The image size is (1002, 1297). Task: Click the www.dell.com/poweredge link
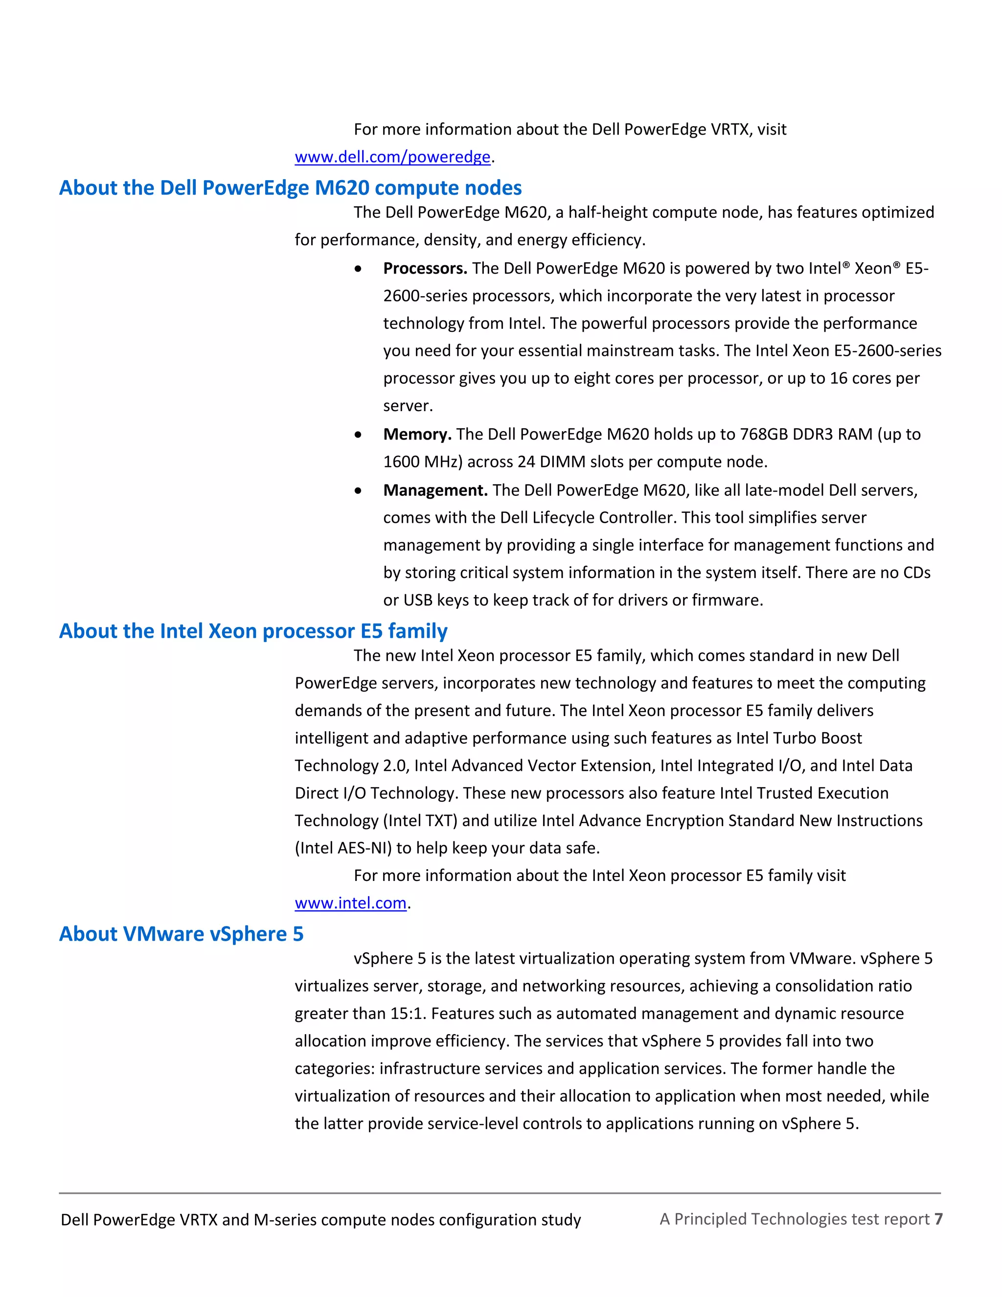392,157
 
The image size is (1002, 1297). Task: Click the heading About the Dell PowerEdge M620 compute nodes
290,187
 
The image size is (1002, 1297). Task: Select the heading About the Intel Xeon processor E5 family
253,631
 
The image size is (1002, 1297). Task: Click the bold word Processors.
425,268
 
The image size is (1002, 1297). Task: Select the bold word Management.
435,490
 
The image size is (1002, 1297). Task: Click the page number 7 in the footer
938,1219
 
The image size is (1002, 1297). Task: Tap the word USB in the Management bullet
418,600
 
